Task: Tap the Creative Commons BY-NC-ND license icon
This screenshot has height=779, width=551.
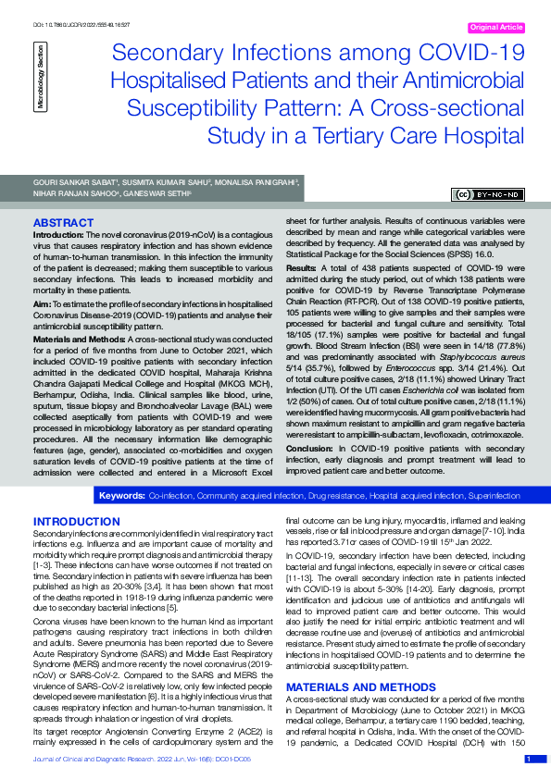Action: (488, 194)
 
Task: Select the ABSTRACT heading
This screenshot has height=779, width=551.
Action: (62, 224)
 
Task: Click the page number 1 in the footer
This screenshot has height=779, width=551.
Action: (529, 760)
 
